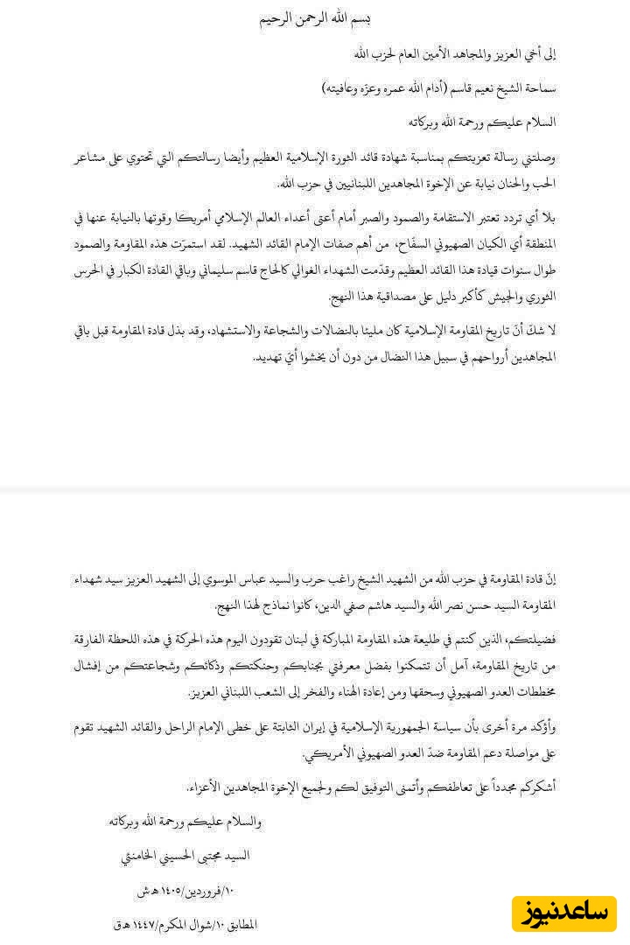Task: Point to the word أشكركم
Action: coord(534,787)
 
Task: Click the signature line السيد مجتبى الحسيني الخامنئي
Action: coord(185,855)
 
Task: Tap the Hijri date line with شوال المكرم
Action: coord(185,924)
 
